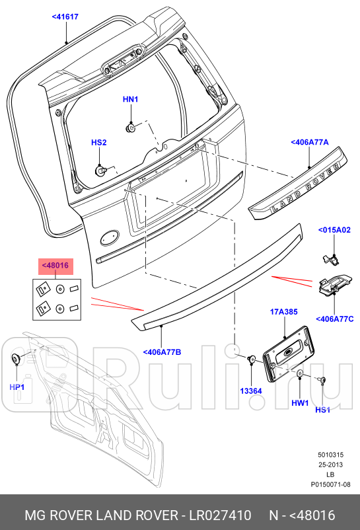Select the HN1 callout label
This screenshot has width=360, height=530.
[x=130, y=99]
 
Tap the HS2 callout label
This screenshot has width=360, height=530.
[x=99, y=142]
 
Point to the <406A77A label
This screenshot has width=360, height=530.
[x=309, y=142]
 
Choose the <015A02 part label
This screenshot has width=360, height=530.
[x=334, y=230]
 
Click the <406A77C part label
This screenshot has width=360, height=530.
[x=334, y=319]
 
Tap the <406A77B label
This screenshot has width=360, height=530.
[x=162, y=352]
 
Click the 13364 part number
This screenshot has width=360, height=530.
[x=251, y=391]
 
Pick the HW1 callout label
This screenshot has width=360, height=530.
[x=301, y=402]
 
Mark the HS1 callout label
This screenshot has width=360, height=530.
[x=322, y=410]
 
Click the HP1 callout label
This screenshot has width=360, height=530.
[x=17, y=387]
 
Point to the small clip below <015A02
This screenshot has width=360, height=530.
[x=330, y=256]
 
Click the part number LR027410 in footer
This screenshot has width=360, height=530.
[x=221, y=515]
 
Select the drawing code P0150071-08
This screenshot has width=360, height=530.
[x=330, y=484]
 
